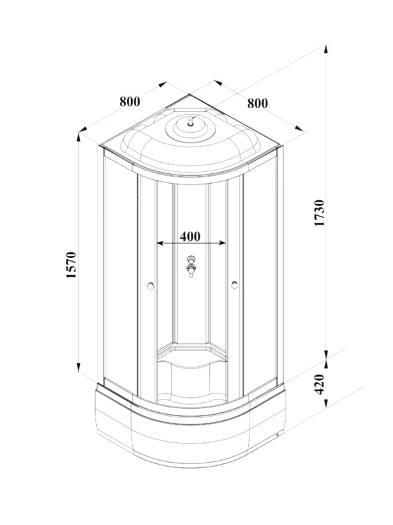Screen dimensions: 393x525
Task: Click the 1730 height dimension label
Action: [x=320, y=213]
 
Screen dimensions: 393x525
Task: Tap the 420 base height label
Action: [x=320, y=384]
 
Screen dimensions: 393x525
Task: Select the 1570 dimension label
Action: [x=71, y=265]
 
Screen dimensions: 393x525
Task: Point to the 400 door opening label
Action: [x=190, y=236]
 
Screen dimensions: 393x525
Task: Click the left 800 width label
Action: [x=130, y=102]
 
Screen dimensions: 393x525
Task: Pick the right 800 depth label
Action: [x=257, y=103]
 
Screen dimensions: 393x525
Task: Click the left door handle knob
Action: [x=151, y=285]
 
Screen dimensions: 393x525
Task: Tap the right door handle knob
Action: [x=234, y=285]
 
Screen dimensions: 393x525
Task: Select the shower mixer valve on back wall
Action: [x=191, y=266]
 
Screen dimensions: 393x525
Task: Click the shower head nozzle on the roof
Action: [x=191, y=123]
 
